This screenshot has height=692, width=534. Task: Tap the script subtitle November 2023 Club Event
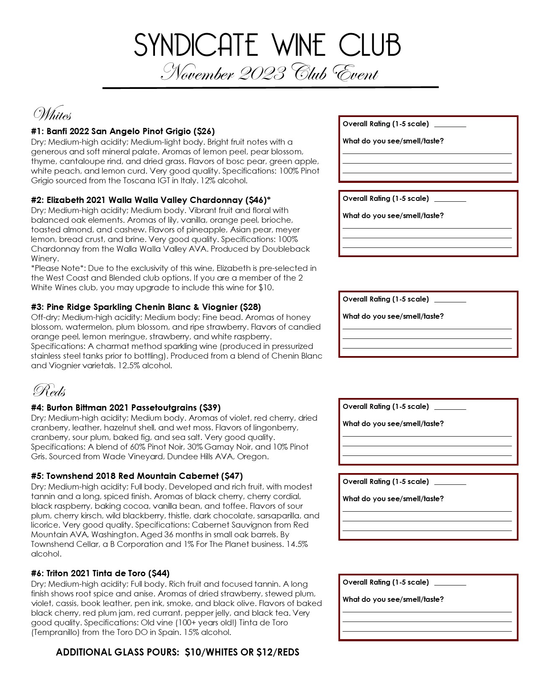coord(270,73)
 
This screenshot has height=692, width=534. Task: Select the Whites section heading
coord(52,114)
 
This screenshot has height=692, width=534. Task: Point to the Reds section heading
coord(49,391)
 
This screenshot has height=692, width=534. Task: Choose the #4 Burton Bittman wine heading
coord(126,408)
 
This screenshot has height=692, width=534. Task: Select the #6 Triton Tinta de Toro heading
coord(100,573)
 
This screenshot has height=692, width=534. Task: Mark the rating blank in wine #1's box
coord(450,125)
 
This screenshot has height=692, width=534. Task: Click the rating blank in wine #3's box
coord(450,300)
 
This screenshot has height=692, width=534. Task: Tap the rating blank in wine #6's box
coord(450,583)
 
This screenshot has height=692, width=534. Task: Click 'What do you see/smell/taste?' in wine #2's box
coord(393,216)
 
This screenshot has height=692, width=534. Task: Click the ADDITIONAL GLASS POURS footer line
coord(178,652)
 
